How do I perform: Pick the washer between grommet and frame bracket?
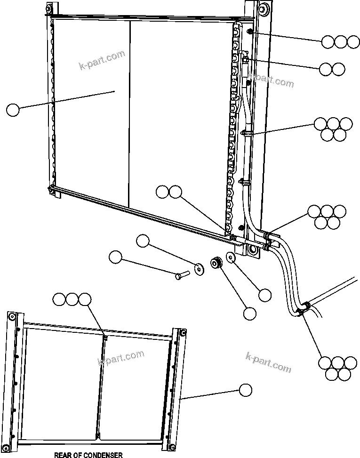(x=231, y=257)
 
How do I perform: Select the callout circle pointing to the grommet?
(x=249, y=313)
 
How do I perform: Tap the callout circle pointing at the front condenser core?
(x=13, y=110)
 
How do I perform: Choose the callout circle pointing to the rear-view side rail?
(x=245, y=390)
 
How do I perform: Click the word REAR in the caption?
(x=64, y=455)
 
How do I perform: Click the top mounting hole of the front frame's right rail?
(x=262, y=8)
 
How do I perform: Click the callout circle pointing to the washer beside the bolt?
(x=143, y=242)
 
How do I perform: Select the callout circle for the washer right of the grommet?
(x=265, y=295)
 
